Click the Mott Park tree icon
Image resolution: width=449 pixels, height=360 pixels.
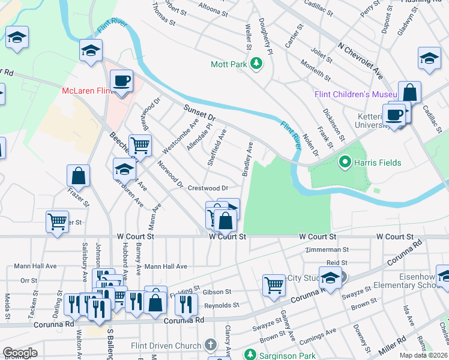coord(256,63)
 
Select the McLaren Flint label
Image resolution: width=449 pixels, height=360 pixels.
coord(88,91)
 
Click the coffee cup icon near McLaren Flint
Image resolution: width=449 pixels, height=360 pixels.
coord(122,80)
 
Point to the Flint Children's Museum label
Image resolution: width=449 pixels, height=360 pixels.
coord(357,95)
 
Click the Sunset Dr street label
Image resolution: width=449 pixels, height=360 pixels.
coord(199,112)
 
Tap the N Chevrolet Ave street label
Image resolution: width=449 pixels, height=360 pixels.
coord(360,60)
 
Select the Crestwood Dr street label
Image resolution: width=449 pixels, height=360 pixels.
coord(208,188)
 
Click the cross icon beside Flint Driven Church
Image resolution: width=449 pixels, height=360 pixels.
coord(209,345)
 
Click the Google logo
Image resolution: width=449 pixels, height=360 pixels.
coord(20,353)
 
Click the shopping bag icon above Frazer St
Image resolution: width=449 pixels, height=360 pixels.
coord(79,176)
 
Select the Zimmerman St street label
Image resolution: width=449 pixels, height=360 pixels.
coord(327,249)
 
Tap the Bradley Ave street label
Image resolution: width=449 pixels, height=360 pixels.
coord(247,159)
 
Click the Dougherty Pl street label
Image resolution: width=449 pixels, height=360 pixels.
coord(266,36)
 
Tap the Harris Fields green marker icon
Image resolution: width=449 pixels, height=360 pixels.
coord(345,162)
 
